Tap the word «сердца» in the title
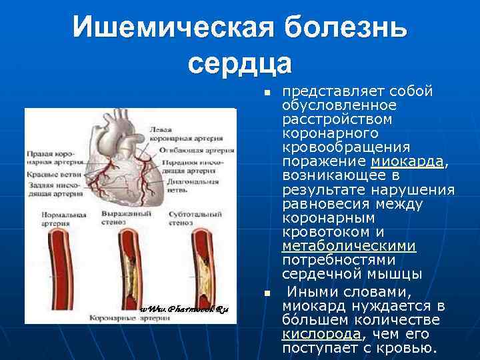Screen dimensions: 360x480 click(240, 63)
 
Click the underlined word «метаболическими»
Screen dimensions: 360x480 click(349, 246)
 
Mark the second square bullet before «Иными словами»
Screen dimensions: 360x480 click(266, 293)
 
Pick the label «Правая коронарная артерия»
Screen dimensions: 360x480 click(52, 157)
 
